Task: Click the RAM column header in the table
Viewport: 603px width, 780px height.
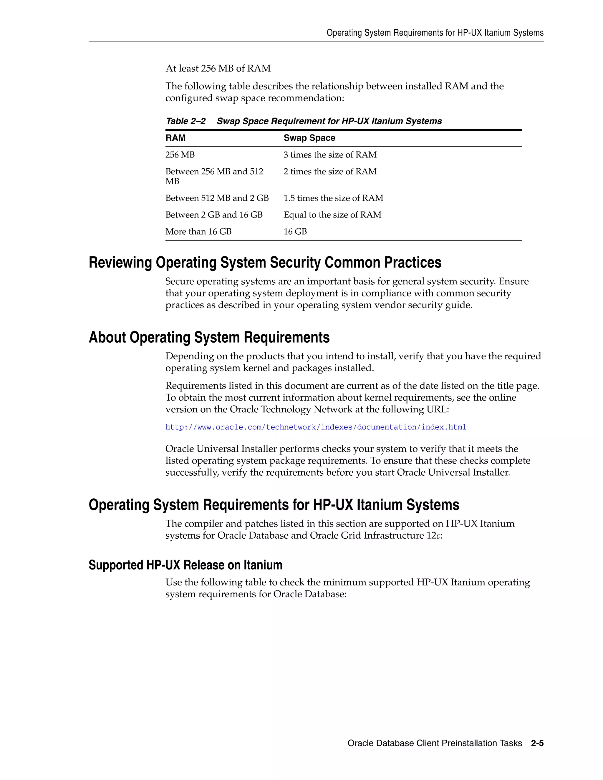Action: pyautogui.click(x=175, y=138)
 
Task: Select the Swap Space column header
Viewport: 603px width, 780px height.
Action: pyautogui.click(x=309, y=138)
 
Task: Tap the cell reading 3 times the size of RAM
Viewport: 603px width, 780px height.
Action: pyautogui.click(x=330, y=155)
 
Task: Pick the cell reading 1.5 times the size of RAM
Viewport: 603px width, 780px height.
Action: pyautogui.click(x=333, y=198)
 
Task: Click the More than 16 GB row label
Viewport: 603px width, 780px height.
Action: pyautogui.click(x=198, y=231)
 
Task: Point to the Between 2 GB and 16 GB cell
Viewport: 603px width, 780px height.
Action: pyautogui.click(x=214, y=215)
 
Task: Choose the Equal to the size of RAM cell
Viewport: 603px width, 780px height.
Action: pyautogui.click(x=332, y=215)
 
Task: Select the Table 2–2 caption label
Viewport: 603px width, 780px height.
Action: pyautogui.click(x=186, y=121)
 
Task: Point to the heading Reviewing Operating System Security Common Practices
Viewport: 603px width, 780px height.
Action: pyautogui.click(x=265, y=263)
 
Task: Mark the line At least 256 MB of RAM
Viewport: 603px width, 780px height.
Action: pyautogui.click(x=218, y=68)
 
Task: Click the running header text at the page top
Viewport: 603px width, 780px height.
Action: pyautogui.click(x=435, y=33)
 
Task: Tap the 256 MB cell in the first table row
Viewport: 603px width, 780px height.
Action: pyautogui.click(x=180, y=155)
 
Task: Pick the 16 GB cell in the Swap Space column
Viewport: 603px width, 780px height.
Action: pyautogui.click(x=295, y=231)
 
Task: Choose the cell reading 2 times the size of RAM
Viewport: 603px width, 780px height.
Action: pyautogui.click(x=330, y=171)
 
